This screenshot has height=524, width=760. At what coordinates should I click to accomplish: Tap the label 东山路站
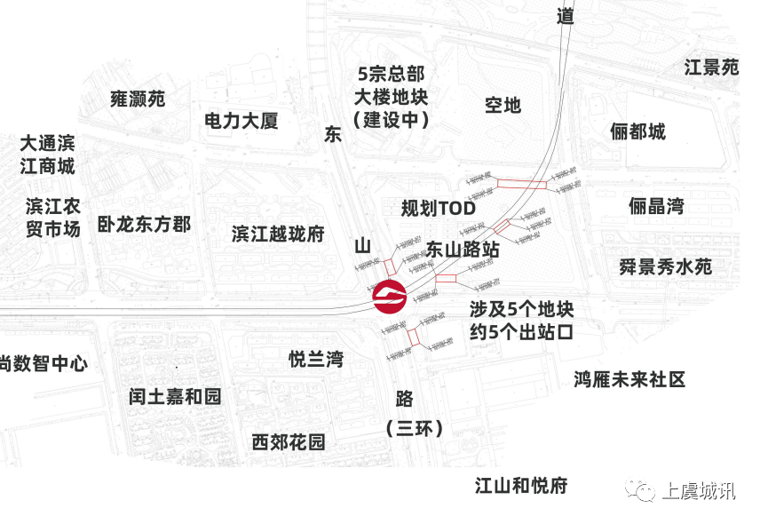pyautogui.click(x=463, y=250)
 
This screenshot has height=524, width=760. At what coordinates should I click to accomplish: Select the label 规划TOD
pyautogui.click(x=439, y=209)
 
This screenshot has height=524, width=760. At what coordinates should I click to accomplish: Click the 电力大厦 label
pyautogui.click(x=241, y=120)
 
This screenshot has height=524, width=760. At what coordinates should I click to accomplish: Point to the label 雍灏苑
pyautogui.click(x=138, y=99)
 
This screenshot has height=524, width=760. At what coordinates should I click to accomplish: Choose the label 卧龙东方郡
pyautogui.click(x=145, y=224)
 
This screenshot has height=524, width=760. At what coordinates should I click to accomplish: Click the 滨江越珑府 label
pyautogui.click(x=278, y=234)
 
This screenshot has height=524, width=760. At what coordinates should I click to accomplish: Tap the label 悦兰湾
pyautogui.click(x=316, y=359)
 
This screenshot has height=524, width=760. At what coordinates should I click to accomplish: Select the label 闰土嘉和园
pyautogui.click(x=175, y=396)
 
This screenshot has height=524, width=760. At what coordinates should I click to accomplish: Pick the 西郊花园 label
pyautogui.click(x=288, y=441)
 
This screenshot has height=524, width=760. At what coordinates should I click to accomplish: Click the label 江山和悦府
pyautogui.click(x=521, y=485)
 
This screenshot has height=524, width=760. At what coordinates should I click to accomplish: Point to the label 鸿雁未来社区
pyautogui.click(x=629, y=380)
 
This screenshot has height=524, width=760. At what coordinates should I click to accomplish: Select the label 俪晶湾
pyautogui.click(x=656, y=207)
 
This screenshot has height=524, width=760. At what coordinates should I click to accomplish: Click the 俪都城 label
pyautogui.click(x=637, y=132)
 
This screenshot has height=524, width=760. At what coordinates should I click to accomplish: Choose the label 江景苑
pyautogui.click(x=711, y=67)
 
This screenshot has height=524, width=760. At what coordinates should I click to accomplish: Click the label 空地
pyautogui.click(x=503, y=105)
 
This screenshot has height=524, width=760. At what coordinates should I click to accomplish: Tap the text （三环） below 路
pyautogui.click(x=415, y=428)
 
